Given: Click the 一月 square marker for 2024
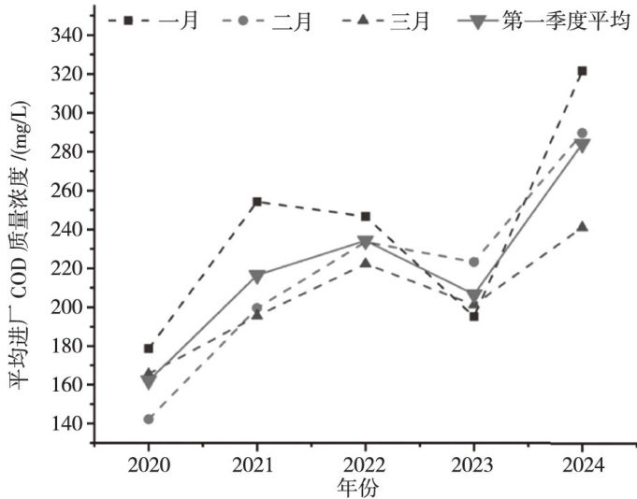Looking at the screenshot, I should pyautogui.click(x=582, y=71).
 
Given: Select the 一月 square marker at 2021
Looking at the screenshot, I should pyautogui.click(x=256, y=201).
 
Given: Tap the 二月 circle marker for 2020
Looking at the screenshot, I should pyautogui.click(x=149, y=419).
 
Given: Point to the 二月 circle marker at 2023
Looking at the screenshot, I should pyautogui.click(x=473, y=262).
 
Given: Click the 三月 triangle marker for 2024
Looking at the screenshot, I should pyautogui.click(x=582, y=226).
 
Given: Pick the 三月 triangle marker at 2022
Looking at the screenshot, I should pyautogui.click(x=365, y=263).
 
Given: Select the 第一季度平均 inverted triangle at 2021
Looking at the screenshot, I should pyautogui.click(x=256, y=277).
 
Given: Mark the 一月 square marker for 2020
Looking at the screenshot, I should pyautogui.click(x=149, y=349).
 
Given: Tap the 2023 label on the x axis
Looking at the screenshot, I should pyautogui.click(x=473, y=464).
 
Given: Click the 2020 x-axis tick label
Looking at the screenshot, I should pyautogui.click(x=148, y=464).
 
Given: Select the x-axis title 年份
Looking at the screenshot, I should pyautogui.click(x=360, y=487).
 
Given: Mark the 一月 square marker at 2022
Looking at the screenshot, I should pyautogui.click(x=365, y=217).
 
